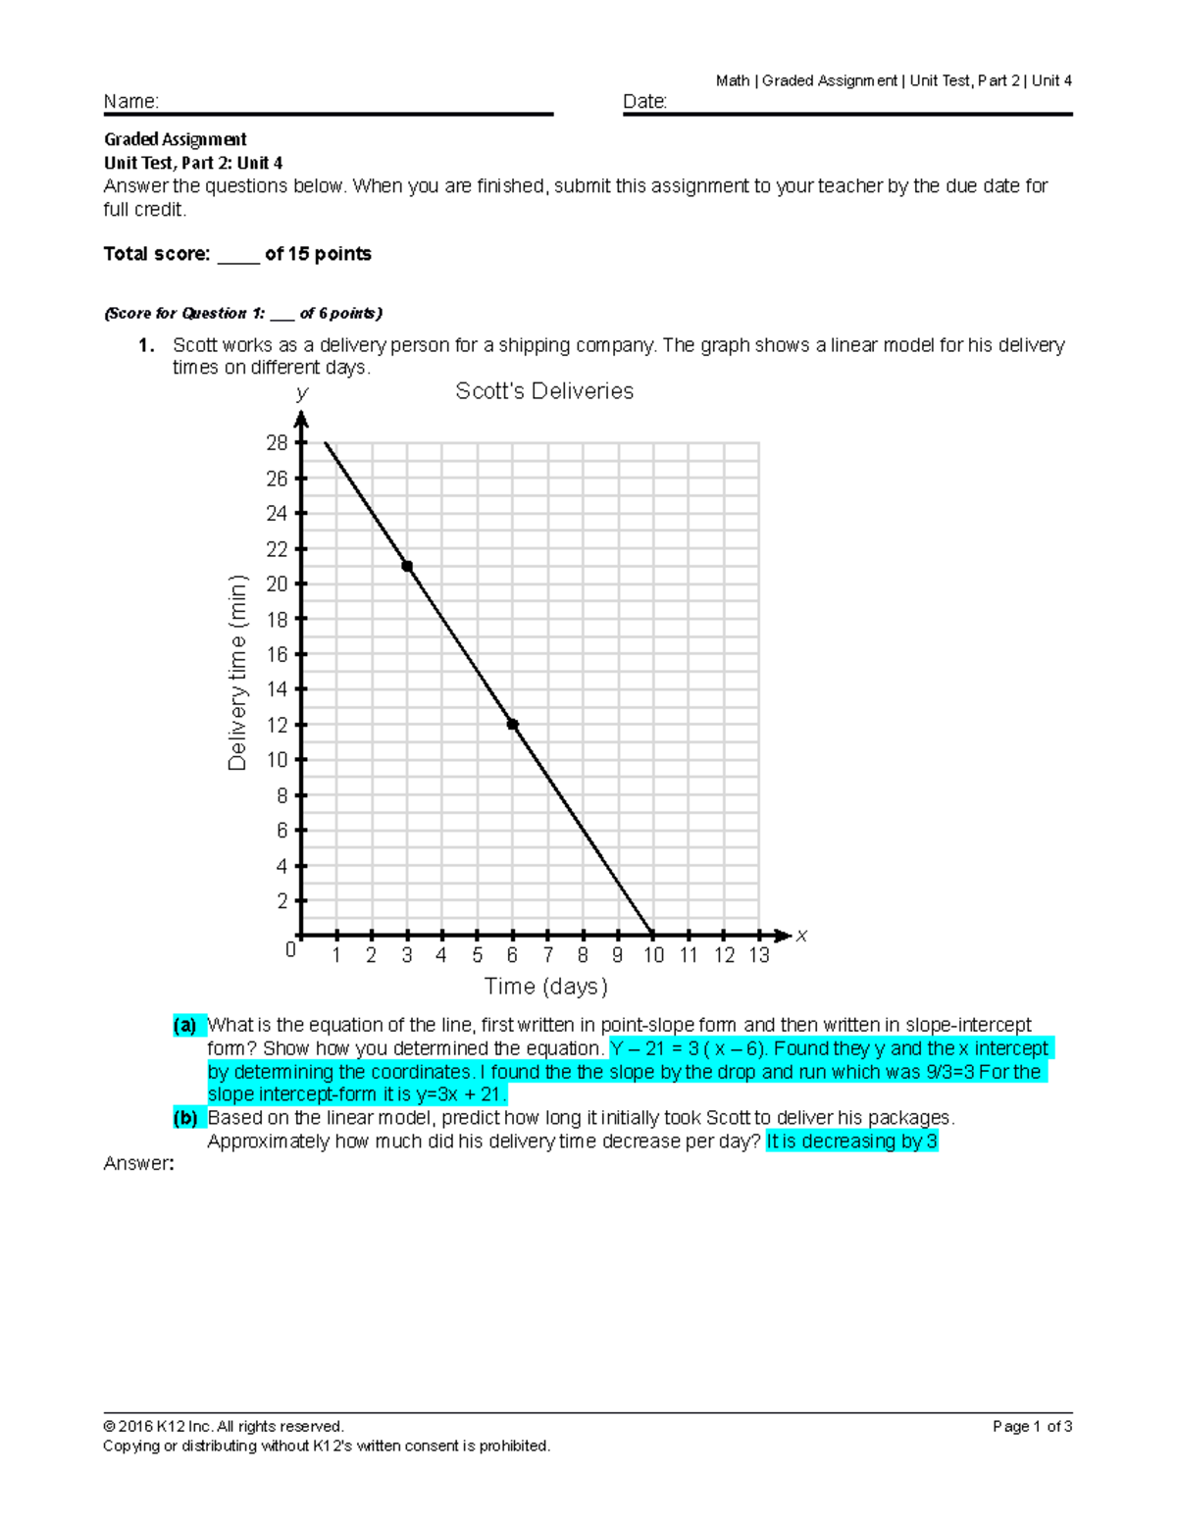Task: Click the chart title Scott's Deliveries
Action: [544, 391]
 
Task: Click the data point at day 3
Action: [407, 566]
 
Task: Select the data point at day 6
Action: [512, 725]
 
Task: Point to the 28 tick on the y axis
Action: [278, 443]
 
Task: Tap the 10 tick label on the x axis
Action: [653, 956]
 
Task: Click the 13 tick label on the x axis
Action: [759, 956]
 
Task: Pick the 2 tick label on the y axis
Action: [282, 901]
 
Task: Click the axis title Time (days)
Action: [545, 987]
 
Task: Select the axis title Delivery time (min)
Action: [237, 673]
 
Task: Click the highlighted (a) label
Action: [185, 1026]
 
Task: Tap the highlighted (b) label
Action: [185, 1118]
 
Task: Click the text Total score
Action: [157, 254]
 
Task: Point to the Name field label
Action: [130, 102]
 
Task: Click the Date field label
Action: [644, 102]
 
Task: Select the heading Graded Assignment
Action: [176, 139]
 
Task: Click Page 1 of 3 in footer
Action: [1032, 1427]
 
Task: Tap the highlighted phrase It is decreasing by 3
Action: [851, 1142]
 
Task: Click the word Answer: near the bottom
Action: [138, 1164]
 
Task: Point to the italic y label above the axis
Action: [301, 393]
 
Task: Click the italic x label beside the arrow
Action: [801, 937]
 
